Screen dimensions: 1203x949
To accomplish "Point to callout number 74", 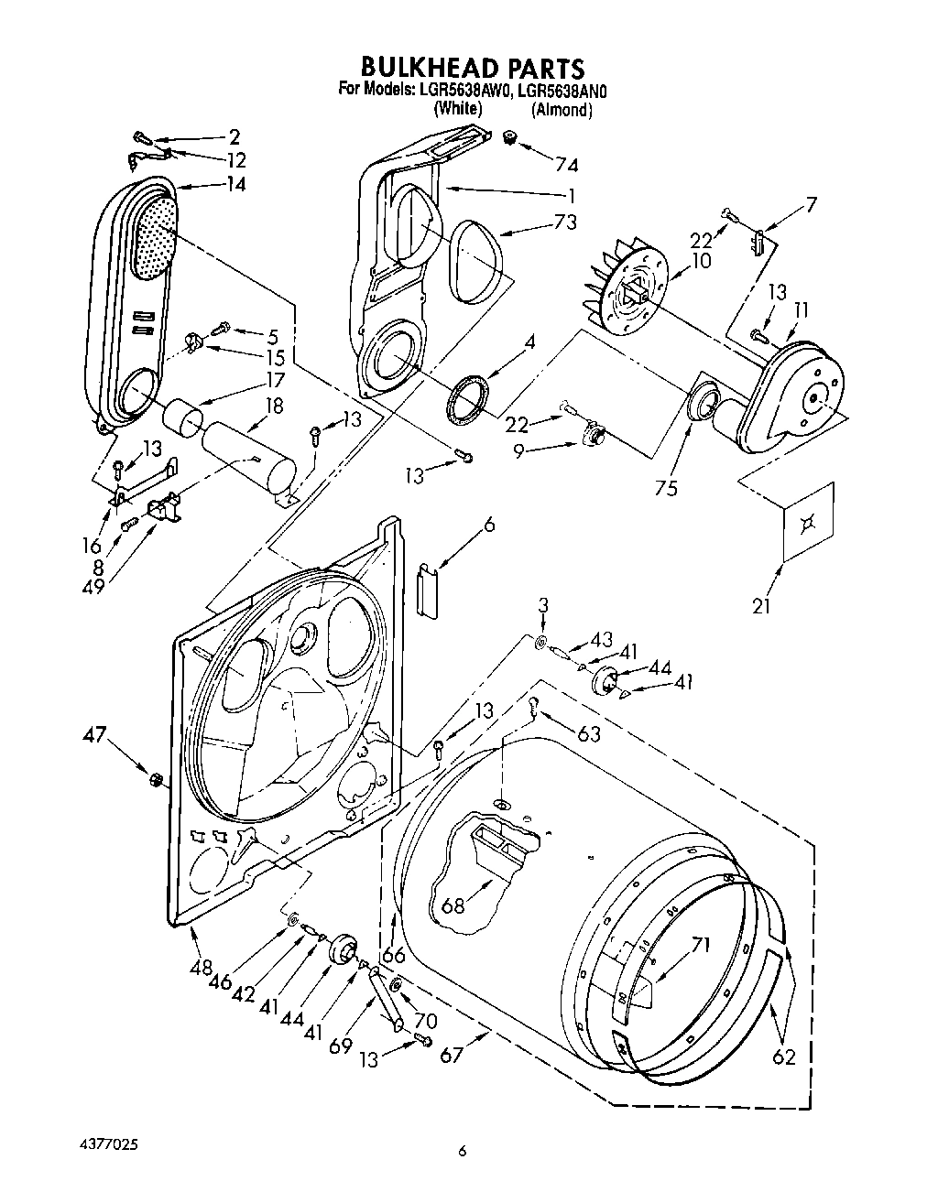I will (566, 164).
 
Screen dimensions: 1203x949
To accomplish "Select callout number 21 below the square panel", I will (761, 604).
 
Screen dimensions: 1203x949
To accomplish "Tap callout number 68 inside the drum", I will (453, 906).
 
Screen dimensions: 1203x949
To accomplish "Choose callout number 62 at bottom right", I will (783, 1057).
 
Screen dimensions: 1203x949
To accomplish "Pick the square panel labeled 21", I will (808, 521).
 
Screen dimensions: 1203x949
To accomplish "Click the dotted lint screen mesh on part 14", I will (156, 236).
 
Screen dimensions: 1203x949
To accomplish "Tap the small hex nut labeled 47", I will (155, 778).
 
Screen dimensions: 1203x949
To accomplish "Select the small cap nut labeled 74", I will (510, 138).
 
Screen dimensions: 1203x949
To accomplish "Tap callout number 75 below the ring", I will (666, 488).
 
